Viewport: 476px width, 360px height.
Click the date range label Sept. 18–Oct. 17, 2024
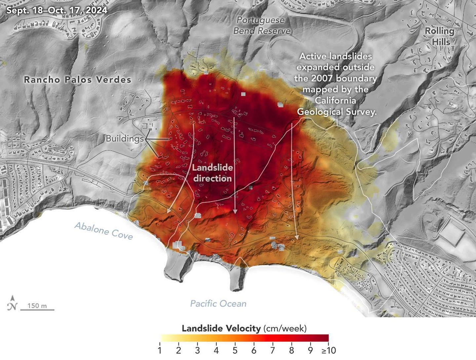coord(57,10)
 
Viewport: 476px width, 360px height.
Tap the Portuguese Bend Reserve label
coord(262,25)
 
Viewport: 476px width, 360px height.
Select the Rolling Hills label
coord(439,36)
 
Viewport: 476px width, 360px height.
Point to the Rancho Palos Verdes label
coord(78,80)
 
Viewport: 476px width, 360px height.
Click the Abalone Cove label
coord(103,230)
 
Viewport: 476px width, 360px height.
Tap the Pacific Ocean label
coord(218,303)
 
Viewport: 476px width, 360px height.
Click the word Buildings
coord(124,138)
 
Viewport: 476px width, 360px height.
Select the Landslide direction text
coord(213,173)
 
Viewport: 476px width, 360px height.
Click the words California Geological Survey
coord(337,106)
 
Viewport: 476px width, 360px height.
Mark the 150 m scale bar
coord(37,309)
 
